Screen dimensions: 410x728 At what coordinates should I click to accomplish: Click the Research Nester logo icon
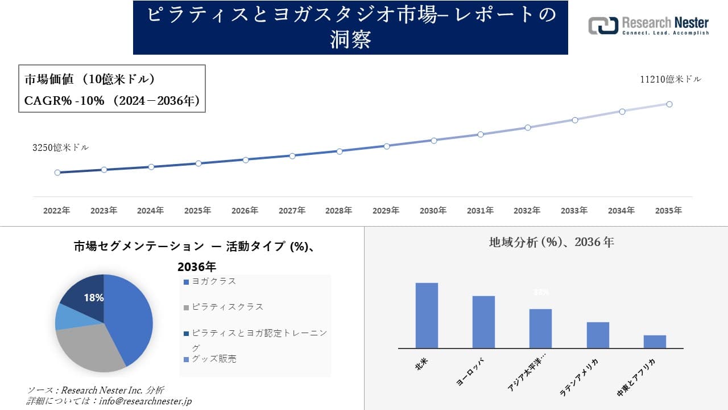tap(602, 26)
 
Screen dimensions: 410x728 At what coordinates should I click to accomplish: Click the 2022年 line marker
tap(57, 173)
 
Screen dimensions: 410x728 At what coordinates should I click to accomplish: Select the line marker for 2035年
tap(669, 104)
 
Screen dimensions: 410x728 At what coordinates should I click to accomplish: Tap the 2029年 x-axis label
tap(386, 211)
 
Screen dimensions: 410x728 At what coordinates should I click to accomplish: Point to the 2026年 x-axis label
tap(245, 211)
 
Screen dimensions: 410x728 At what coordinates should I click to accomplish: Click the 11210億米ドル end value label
tap(671, 80)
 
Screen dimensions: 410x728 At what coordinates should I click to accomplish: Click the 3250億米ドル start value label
tap(60, 147)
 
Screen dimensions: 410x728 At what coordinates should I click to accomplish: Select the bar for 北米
tap(427, 315)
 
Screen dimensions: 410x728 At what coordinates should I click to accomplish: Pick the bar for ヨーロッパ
tap(483, 322)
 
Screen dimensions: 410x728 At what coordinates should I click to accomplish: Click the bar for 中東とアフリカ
tap(655, 342)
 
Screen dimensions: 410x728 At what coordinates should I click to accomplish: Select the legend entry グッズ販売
tap(214, 359)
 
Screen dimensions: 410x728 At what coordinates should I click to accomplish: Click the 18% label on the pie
tap(93, 298)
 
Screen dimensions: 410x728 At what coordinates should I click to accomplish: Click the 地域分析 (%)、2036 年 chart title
tap(551, 242)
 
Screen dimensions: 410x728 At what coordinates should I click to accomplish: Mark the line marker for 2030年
tap(433, 140)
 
